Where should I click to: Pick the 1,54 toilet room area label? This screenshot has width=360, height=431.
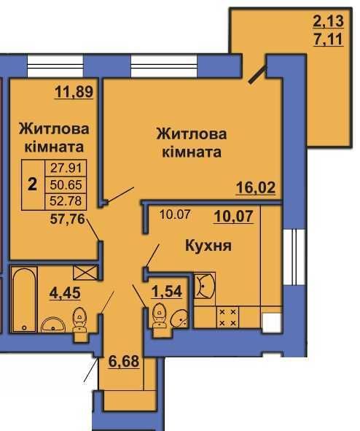tap(166, 294)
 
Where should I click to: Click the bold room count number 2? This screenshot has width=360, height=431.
tap(31, 182)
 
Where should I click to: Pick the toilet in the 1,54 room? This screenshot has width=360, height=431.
tap(157, 317)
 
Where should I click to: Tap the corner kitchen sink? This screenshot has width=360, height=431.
tap(205, 286)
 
